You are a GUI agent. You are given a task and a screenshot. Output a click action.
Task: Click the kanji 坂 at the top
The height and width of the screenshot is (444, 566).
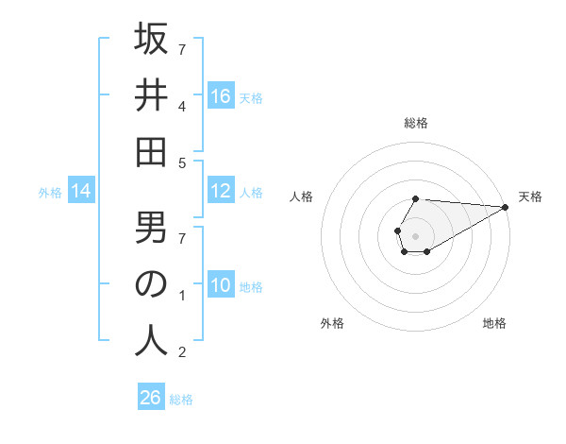151,41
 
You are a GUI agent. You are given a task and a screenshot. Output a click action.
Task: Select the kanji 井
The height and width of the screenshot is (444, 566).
151,96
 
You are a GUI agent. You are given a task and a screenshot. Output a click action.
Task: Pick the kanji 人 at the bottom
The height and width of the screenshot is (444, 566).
151,339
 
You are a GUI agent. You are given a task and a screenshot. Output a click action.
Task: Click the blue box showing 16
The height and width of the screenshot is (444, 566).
221,95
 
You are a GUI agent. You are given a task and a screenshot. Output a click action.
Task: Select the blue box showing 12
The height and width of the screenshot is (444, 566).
221,192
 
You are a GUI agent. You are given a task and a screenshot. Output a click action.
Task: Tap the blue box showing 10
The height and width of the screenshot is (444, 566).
221,286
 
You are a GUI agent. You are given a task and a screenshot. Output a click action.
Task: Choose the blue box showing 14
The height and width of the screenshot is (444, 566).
81,192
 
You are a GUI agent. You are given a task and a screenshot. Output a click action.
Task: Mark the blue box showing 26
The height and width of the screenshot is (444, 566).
151,398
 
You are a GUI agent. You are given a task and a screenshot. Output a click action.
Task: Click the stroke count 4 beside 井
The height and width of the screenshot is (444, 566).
182,106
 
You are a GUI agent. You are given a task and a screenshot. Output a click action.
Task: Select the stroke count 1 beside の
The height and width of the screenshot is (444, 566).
182,297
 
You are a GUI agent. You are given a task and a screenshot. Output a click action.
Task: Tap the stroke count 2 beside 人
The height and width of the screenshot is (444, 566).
182,352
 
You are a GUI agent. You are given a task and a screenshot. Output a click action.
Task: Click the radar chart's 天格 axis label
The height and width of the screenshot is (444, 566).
530,196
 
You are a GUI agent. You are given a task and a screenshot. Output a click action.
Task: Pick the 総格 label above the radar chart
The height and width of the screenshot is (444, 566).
415,123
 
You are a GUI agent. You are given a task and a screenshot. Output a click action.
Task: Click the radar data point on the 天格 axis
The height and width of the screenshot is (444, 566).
507,207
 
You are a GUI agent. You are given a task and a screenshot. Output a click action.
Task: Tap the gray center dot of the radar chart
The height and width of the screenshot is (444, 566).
415,235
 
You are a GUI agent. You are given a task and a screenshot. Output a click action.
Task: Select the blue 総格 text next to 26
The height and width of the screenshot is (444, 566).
181,400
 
